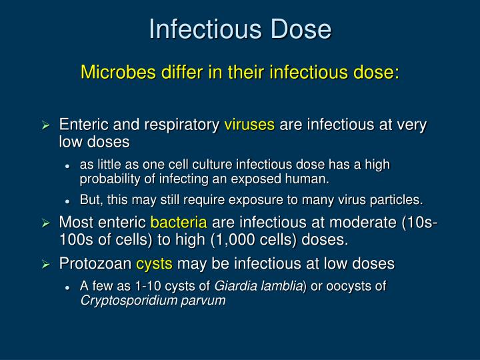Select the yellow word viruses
coord(249,125)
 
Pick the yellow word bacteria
coord(179,222)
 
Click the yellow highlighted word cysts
coord(154,264)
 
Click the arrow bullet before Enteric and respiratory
coord(46,125)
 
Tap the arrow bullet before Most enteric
coord(46,223)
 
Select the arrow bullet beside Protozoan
coord(46,265)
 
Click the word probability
coord(109,179)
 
